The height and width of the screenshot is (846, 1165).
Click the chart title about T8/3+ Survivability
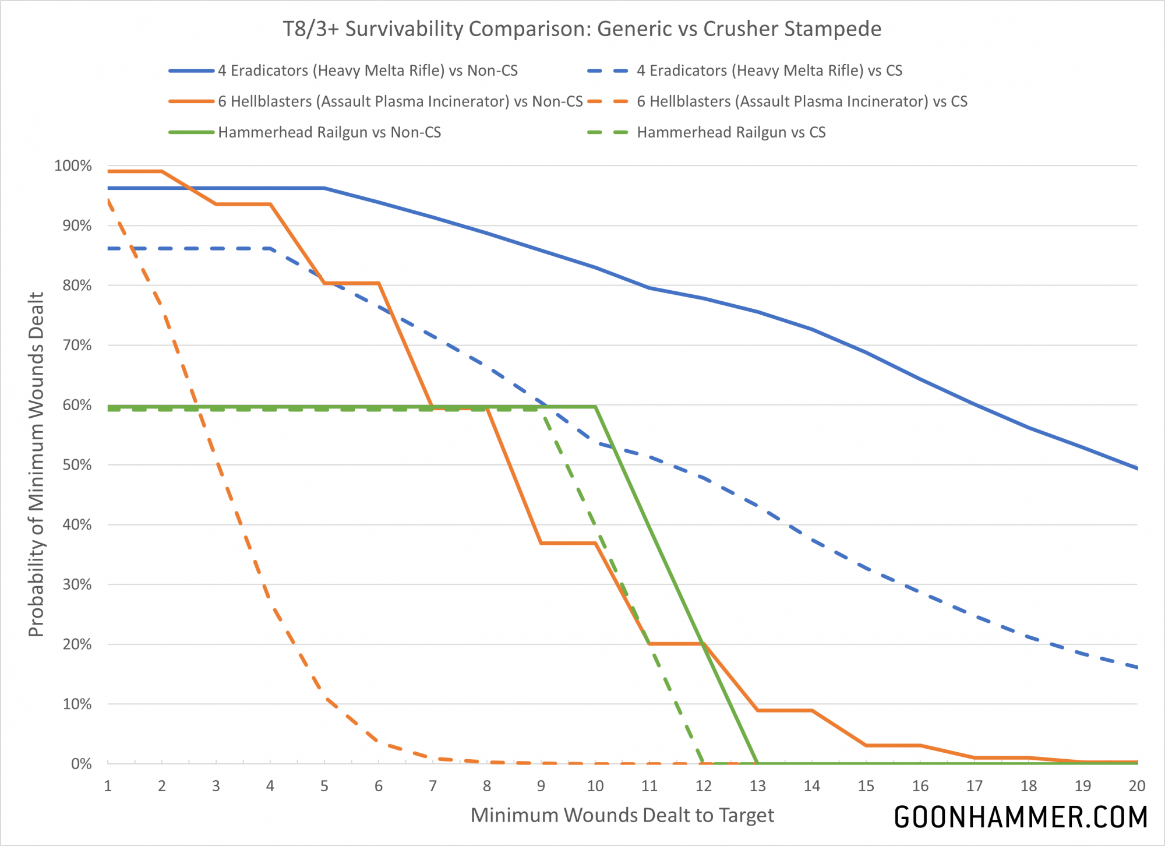582,29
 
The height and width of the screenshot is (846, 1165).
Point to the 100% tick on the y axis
73,166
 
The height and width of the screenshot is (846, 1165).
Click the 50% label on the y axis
77,465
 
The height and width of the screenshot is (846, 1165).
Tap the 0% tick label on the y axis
81,764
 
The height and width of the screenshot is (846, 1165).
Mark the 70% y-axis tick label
77,346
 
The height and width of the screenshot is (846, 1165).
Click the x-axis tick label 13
757,786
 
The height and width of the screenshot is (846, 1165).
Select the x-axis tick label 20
1136,786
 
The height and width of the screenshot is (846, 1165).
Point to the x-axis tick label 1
108,786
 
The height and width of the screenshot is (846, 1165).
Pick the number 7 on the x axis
433,786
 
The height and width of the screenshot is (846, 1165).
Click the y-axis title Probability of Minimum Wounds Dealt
36,464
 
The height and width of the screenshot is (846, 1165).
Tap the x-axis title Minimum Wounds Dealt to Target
622,815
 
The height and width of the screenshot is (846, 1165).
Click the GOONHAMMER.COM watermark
1021,817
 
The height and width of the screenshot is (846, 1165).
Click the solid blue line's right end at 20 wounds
1136,468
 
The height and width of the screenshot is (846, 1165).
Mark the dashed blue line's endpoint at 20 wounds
1136,667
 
